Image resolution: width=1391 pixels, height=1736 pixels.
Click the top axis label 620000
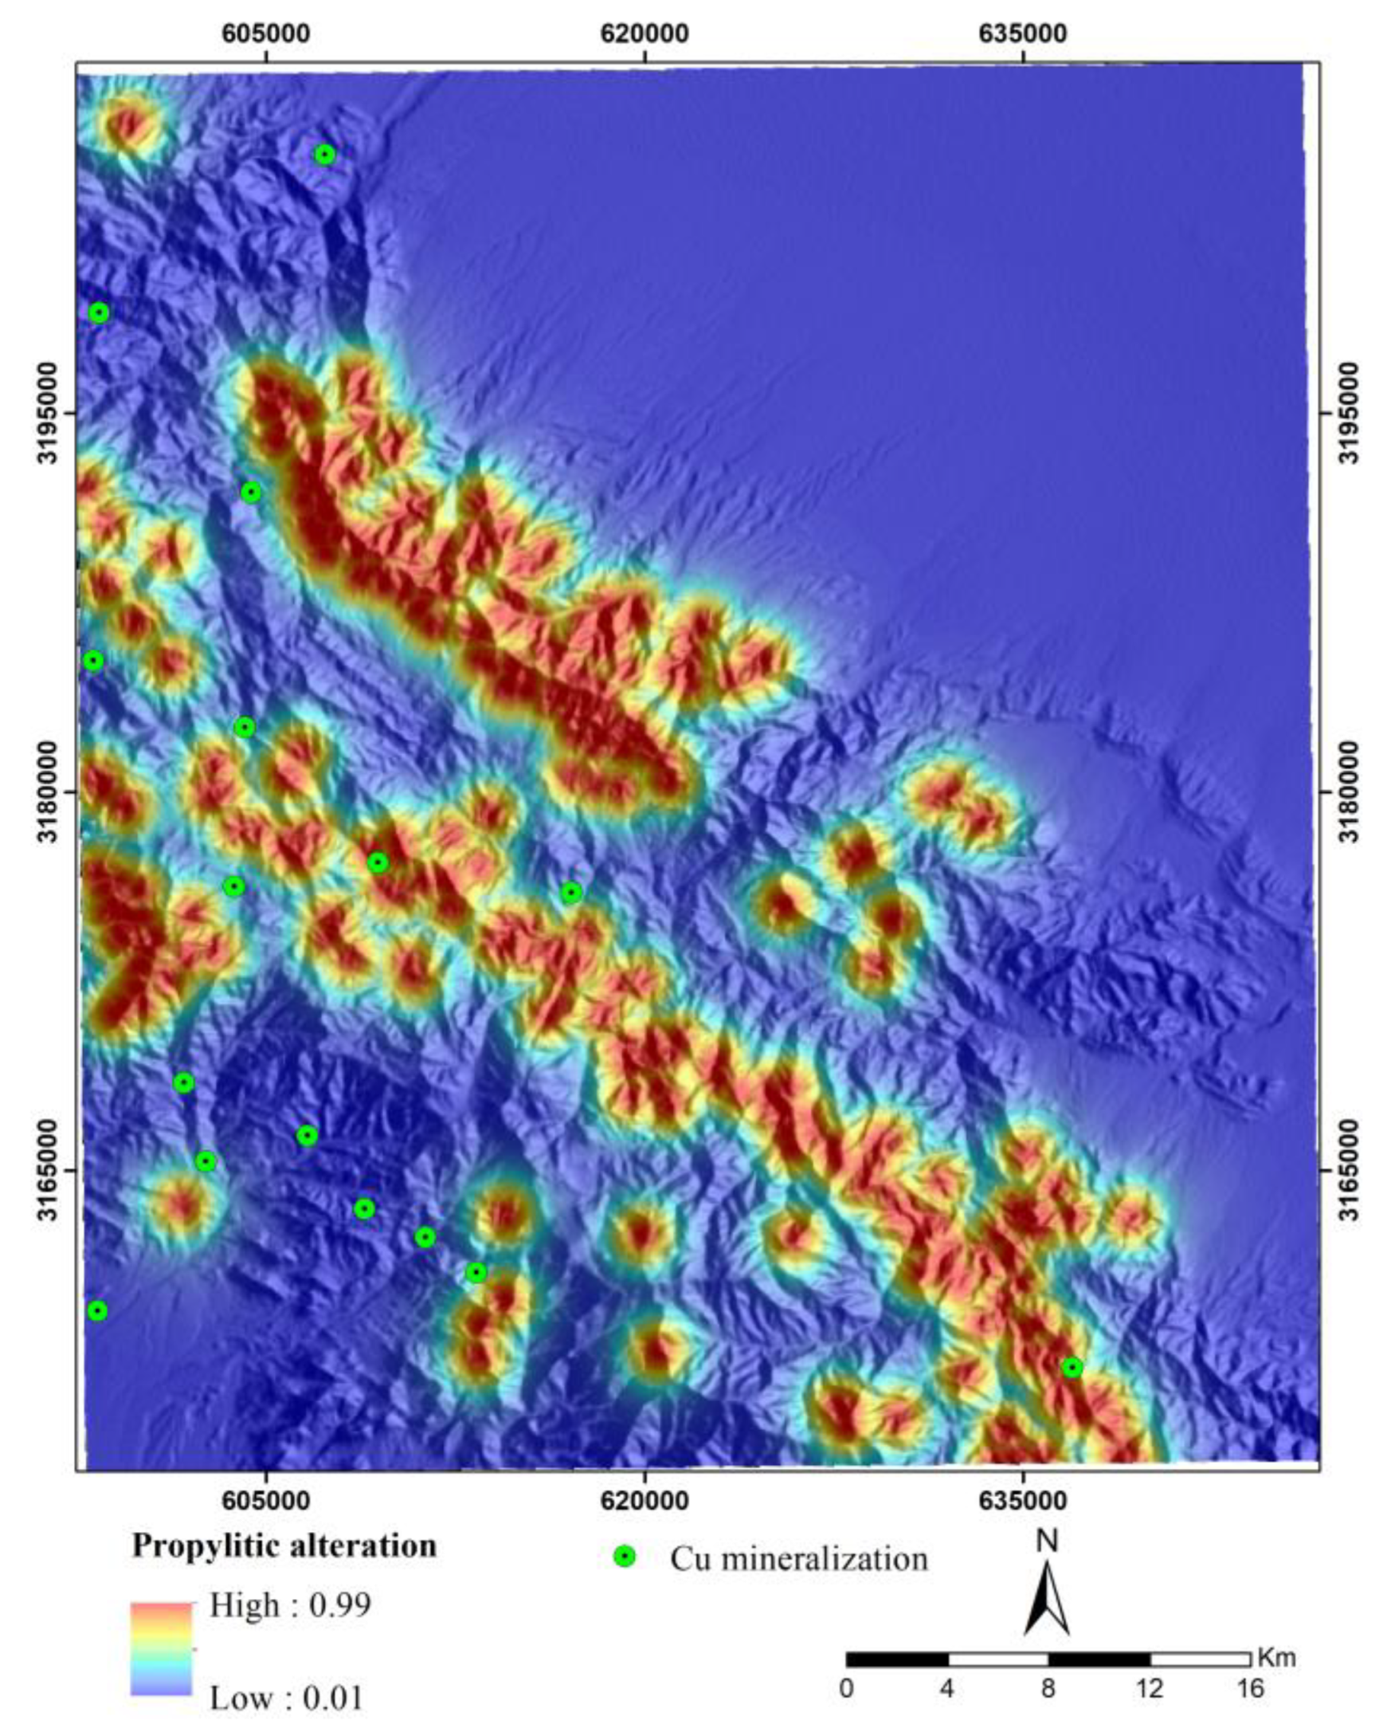(x=645, y=33)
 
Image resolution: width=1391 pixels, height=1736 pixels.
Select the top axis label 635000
(x=1023, y=33)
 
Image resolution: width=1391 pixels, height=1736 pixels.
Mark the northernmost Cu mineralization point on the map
(x=324, y=155)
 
